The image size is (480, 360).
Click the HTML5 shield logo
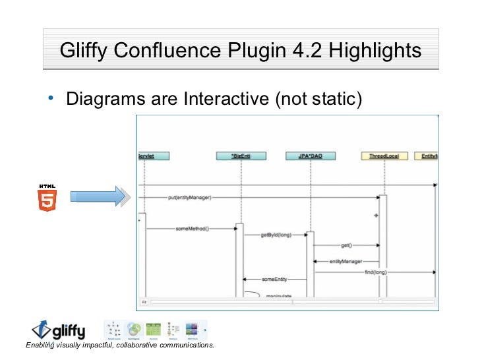coord(47,197)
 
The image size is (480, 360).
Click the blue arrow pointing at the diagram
coord(98,196)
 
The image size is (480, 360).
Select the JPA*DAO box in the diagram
coord(311,156)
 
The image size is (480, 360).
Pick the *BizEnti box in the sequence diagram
coord(241,156)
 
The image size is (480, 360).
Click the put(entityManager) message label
coord(189,196)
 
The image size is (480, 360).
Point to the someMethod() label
coord(192,229)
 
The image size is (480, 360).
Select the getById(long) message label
coord(276,234)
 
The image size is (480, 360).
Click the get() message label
coord(345,245)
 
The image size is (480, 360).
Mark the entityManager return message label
coord(346,261)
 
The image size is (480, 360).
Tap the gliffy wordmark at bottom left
coord(67,329)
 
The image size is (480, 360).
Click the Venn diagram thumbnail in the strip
coord(135,328)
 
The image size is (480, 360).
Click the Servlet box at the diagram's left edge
coord(154,156)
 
